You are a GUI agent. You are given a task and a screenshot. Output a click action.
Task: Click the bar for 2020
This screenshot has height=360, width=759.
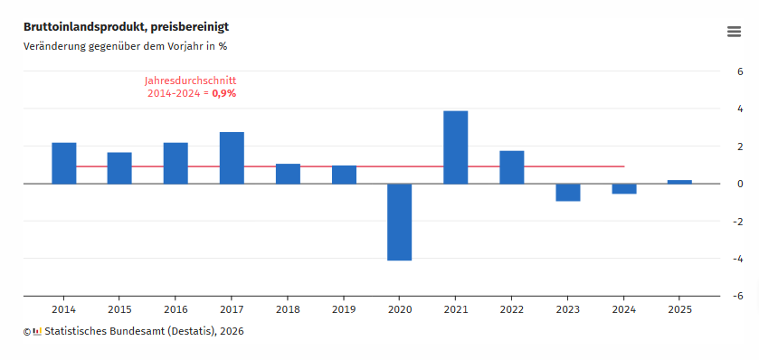tap(400, 222)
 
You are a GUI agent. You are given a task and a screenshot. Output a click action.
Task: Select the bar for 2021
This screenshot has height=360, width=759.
tap(456, 147)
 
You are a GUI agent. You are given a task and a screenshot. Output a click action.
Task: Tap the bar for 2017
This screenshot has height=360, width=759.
tap(232, 158)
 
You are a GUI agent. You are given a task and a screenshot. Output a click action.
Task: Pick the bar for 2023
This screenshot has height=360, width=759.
tap(568, 192)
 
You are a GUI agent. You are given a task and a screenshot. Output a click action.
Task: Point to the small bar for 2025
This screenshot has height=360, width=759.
tap(679, 182)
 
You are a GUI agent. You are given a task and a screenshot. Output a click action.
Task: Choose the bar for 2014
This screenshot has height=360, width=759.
tap(64, 163)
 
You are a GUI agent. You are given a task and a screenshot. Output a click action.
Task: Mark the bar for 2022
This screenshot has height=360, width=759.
tap(512, 167)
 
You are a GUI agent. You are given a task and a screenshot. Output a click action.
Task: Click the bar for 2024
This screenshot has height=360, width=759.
tap(624, 188)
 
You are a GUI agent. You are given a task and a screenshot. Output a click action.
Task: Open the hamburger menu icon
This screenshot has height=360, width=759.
tap(735, 32)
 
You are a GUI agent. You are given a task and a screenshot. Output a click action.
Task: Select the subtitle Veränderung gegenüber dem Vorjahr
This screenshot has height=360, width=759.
tap(125, 46)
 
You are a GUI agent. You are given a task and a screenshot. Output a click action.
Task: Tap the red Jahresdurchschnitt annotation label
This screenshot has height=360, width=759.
tap(190, 81)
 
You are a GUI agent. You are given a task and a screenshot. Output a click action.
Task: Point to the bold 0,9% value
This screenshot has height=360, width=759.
tap(224, 93)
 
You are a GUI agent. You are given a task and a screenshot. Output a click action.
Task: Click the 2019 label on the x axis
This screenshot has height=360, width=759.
tap(344, 308)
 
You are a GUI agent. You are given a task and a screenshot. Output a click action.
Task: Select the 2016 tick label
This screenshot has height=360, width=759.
tap(176, 308)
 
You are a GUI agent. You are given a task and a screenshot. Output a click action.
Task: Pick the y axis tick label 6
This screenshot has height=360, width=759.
tap(739, 71)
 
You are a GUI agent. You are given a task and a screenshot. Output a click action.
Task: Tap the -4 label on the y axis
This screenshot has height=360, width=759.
tap(737, 258)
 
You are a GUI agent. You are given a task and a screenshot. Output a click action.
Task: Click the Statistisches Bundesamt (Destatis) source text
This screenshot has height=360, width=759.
tap(143, 331)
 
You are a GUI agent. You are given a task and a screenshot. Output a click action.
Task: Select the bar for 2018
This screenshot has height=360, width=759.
tap(288, 174)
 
